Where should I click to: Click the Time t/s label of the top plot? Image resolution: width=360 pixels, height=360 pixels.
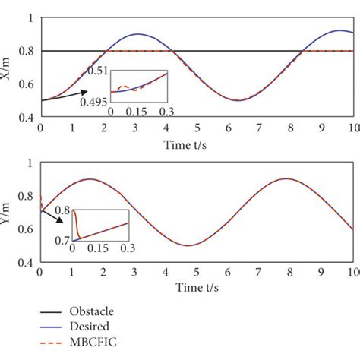coord(196,143)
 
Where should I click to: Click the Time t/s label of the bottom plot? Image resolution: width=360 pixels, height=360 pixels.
coord(196,288)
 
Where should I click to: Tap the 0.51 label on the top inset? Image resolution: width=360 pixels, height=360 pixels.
coord(96,71)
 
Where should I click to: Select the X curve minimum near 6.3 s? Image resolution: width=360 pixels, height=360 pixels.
coord(237,100)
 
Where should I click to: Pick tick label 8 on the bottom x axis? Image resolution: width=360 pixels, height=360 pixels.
coord(290,273)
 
